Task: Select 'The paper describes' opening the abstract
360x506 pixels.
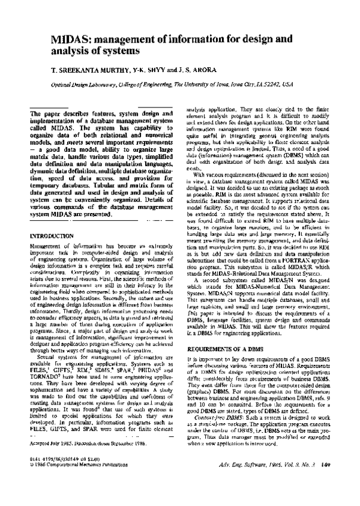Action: point(55,115)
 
